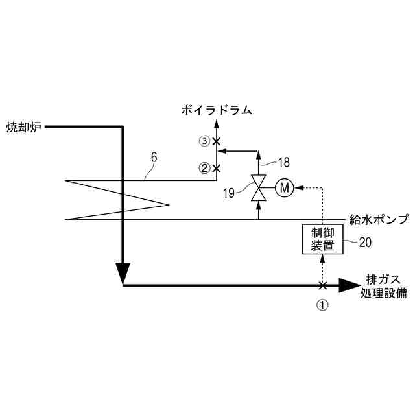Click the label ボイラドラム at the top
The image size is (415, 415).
point(217,110)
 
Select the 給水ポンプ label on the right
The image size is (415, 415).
point(379,220)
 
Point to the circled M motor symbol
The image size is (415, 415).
point(284,189)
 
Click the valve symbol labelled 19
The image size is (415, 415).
point(259,189)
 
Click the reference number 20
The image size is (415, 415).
point(365,243)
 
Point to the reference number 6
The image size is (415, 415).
point(154,156)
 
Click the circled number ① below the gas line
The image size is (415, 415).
point(322,303)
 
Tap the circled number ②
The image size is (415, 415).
point(204,168)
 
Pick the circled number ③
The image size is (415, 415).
point(204,141)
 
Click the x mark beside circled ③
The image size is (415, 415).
point(217,141)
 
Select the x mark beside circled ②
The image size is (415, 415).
point(217,168)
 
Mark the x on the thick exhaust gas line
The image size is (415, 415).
point(322,285)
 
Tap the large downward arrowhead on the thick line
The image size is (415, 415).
point(123,272)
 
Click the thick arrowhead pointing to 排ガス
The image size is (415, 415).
point(351,285)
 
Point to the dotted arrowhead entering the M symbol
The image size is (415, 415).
point(298,189)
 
